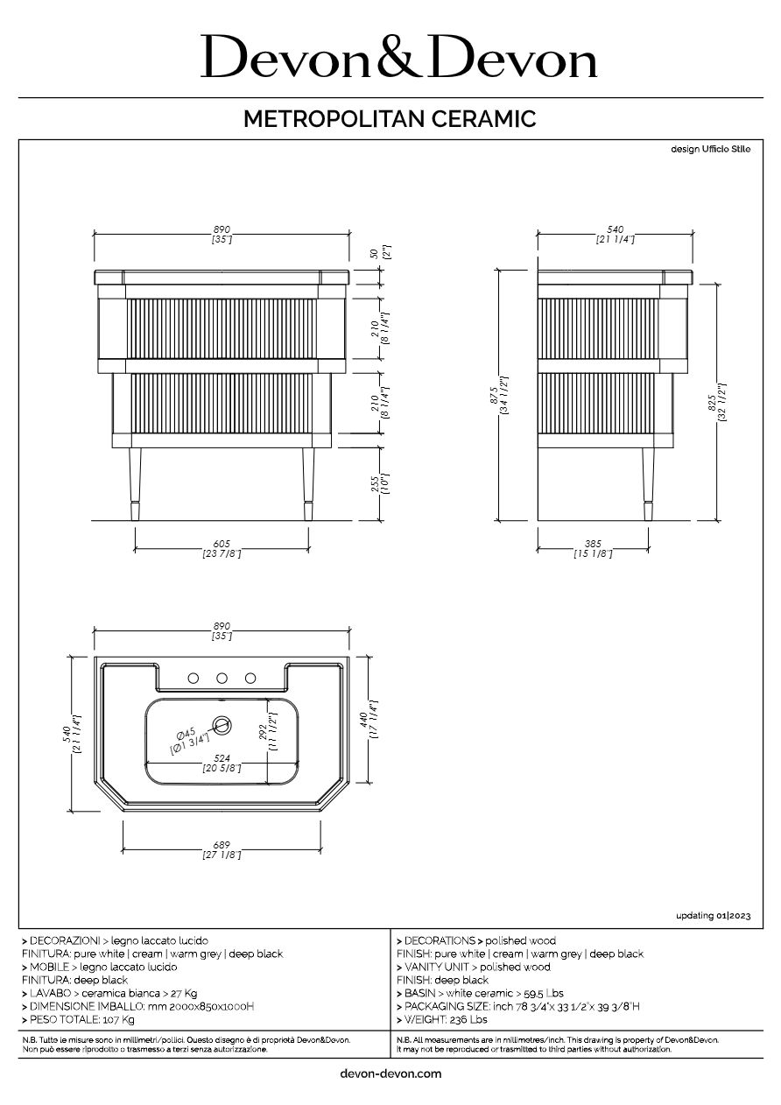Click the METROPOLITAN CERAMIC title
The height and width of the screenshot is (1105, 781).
point(390,119)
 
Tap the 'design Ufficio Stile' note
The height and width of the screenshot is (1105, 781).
point(710,150)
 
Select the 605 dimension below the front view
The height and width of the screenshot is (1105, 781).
point(222,544)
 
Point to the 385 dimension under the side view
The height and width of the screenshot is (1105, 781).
point(593,544)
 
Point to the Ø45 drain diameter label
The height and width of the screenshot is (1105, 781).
point(188,734)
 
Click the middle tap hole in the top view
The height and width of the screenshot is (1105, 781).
point(222,678)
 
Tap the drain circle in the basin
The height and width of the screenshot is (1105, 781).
point(222,724)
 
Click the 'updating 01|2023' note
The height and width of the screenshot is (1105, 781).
point(713,916)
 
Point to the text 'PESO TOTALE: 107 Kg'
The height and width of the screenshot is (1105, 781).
point(79,1020)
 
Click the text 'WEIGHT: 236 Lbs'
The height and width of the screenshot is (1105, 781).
point(443,1020)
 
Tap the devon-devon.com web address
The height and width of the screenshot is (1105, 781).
point(390,1073)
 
